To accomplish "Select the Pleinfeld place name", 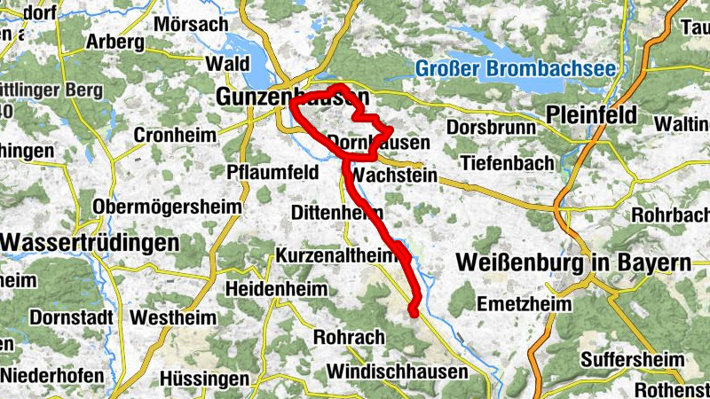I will [x=592, y=114].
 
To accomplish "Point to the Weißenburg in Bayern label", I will [x=572, y=263].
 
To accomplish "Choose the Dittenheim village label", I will [x=337, y=213].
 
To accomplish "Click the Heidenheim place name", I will [x=276, y=289].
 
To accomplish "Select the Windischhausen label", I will [x=397, y=372].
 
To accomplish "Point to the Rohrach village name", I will [x=349, y=338].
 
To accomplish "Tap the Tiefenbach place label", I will [x=507, y=163].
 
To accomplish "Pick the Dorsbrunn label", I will [x=491, y=128].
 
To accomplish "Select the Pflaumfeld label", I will [x=272, y=172].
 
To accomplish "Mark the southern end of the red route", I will [x=413, y=310].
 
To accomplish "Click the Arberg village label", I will [x=114, y=42].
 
